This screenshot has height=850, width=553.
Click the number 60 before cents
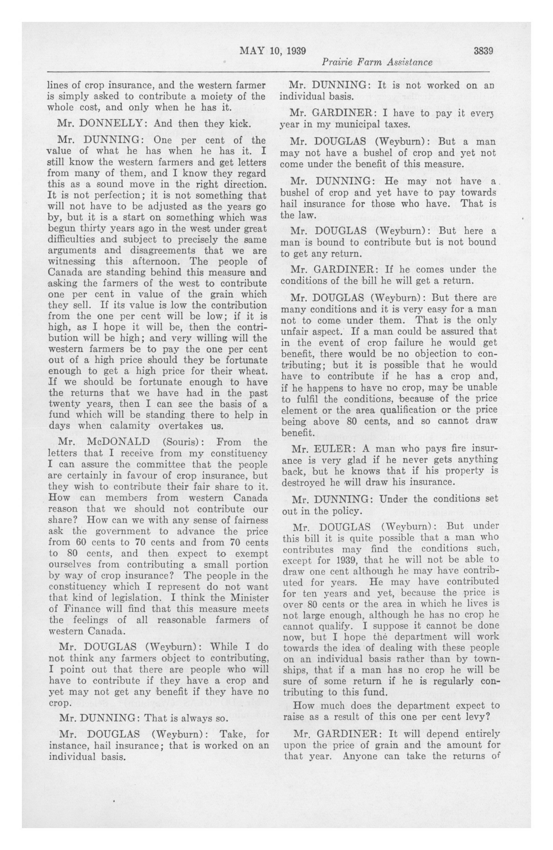[x=82, y=541]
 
